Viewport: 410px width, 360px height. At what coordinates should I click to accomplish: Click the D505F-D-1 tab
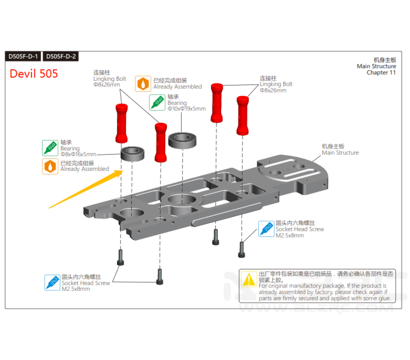point(23,56)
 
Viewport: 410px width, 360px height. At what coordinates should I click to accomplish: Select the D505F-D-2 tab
point(60,56)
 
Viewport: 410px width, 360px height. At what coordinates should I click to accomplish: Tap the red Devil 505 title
point(34,74)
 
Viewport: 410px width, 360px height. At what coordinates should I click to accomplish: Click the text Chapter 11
point(381,72)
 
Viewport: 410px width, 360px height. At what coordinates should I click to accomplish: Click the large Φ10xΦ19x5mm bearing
point(182,140)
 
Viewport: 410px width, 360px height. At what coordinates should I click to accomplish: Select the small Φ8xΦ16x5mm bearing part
point(133,153)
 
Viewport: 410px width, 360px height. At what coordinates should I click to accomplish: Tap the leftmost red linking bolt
point(121,123)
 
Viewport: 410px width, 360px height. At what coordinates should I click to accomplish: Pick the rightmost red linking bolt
point(243,116)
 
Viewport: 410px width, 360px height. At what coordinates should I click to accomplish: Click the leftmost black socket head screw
point(120,257)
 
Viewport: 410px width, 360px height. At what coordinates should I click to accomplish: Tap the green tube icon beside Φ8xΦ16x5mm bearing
point(50,148)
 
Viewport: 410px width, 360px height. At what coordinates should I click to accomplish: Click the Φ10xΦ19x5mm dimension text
point(186,109)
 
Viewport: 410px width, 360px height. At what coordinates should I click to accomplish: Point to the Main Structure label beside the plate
point(340,153)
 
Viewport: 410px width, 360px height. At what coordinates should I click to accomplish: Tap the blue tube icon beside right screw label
point(266,229)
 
